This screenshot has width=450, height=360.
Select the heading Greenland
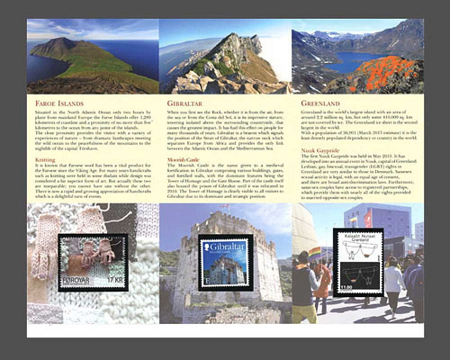[x=319, y=103]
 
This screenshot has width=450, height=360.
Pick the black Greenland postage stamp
[x=357, y=261]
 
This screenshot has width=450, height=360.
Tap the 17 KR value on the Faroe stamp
[x=113, y=280]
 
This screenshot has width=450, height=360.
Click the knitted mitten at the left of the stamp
[x=45, y=261]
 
